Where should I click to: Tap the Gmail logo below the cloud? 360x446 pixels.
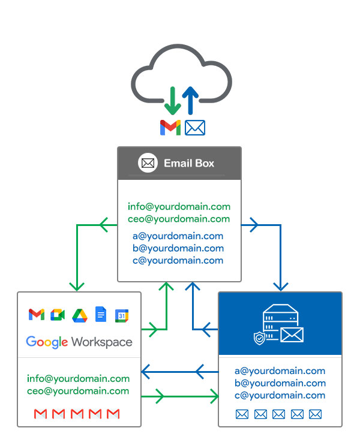[170, 127]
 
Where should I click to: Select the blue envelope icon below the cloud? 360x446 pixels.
[195, 127]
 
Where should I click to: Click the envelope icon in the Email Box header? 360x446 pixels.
[148, 163]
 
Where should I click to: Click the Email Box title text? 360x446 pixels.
[189, 163]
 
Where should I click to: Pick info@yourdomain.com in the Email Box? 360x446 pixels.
[179, 207]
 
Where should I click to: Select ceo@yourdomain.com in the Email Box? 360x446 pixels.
[179, 219]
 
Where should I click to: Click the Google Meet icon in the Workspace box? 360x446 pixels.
[58, 315]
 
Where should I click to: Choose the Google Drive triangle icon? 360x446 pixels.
[80, 315]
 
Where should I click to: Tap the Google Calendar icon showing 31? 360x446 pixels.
[122, 315]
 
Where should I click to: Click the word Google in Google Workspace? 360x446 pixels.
[47, 342]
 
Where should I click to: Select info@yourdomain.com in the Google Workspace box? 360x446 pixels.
[78, 379]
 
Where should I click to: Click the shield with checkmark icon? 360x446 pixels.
[259, 338]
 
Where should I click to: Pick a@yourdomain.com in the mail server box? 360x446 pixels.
[280, 371]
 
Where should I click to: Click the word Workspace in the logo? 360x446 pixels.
[101, 342]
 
